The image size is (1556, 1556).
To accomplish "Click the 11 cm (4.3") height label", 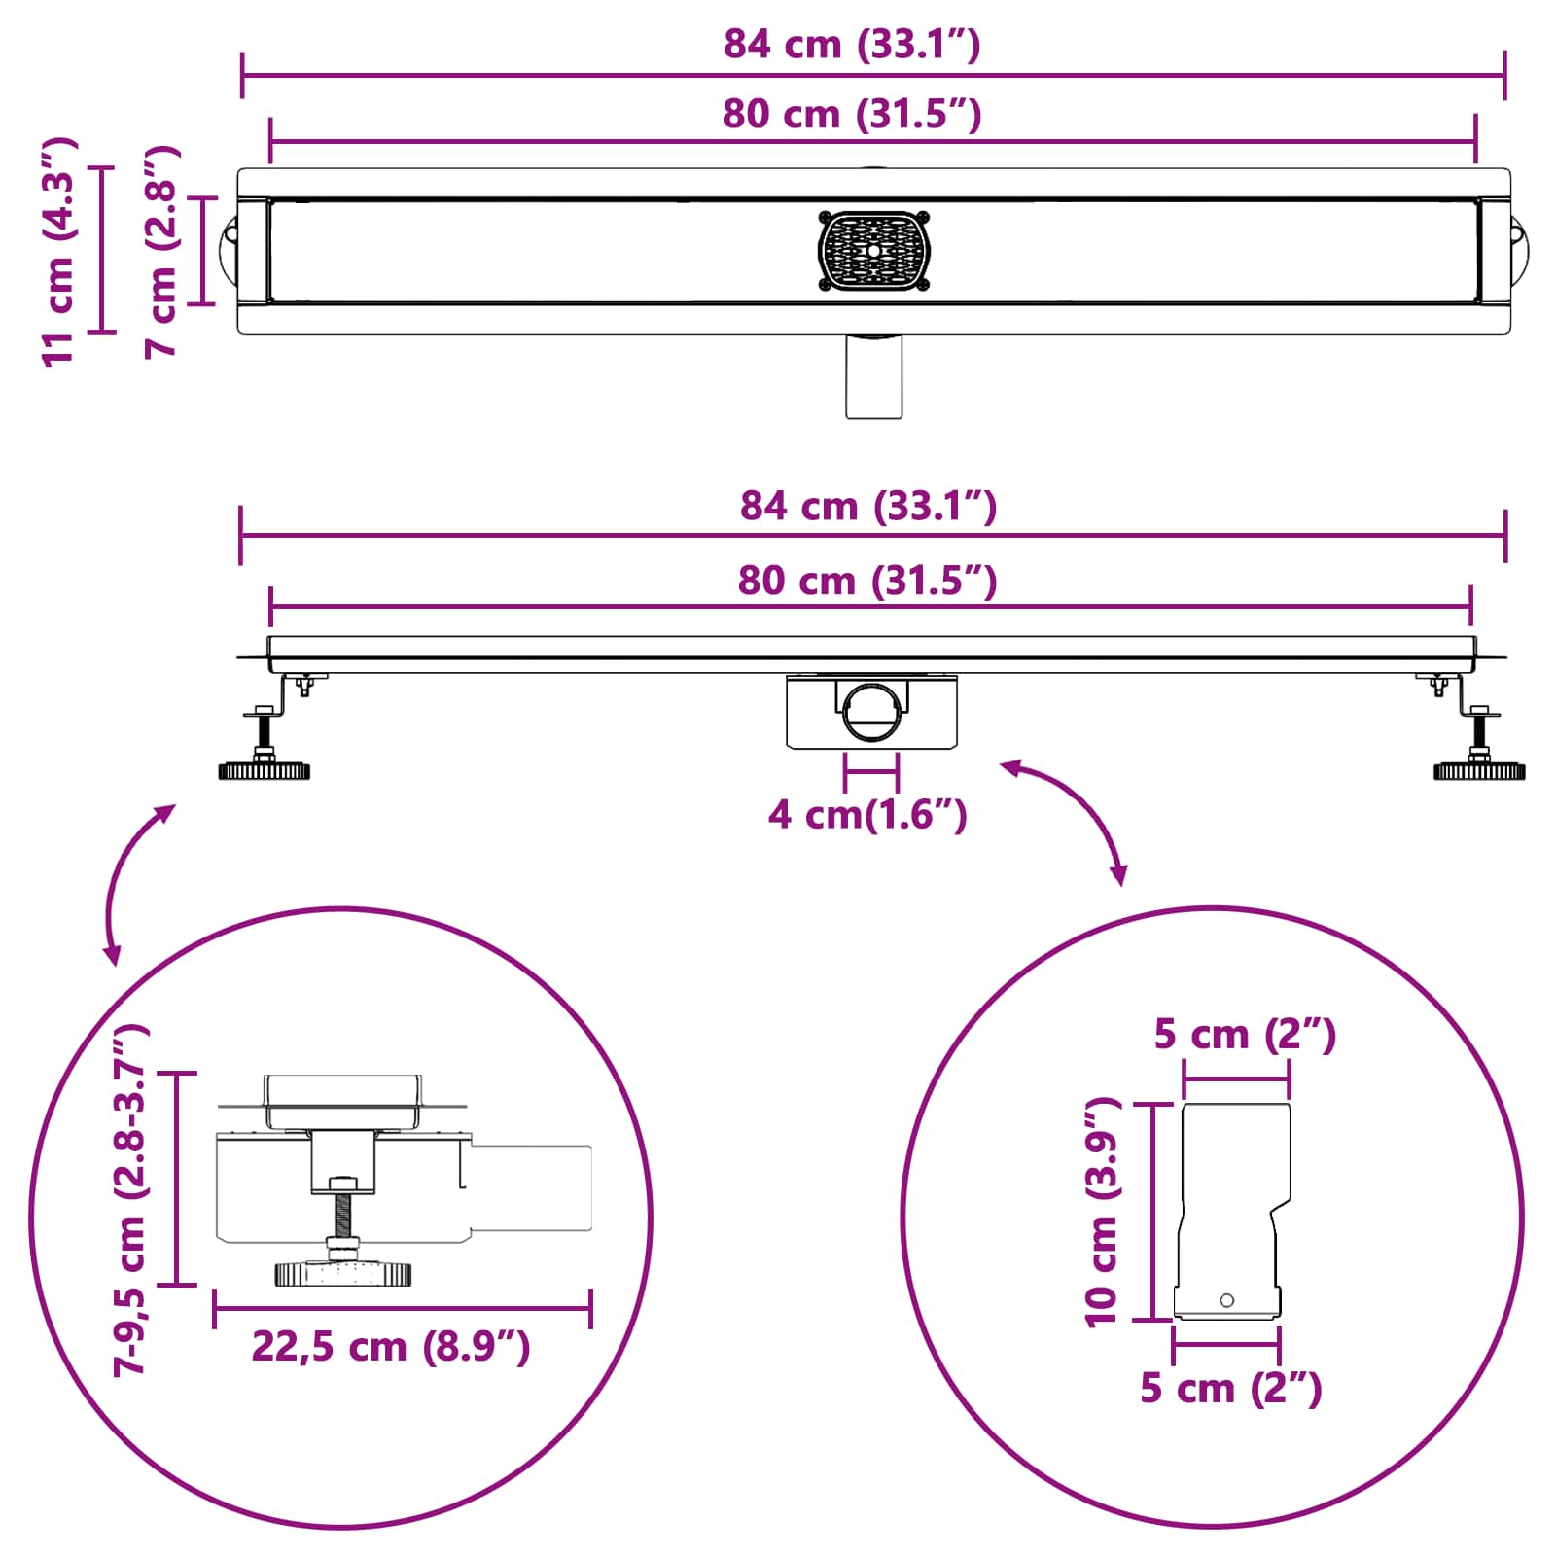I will tap(58, 251).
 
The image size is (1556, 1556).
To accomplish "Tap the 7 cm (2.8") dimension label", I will tap(161, 251).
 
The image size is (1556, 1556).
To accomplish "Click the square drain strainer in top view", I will tap(873, 251).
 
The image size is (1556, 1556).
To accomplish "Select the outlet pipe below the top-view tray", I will tap(873, 377).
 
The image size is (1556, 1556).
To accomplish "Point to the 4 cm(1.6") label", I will tap(867, 814).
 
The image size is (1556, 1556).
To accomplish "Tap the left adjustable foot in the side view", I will tap(264, 769).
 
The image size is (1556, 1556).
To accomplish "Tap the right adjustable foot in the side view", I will tap(1479, 769).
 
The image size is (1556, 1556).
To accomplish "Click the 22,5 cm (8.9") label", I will tap(391, 1347).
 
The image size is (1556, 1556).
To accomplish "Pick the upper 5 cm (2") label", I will tap(1245, 1034).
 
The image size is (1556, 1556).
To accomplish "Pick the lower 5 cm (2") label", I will tap(1231, 1388).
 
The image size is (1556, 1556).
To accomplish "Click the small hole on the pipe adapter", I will tap(1226, 1300).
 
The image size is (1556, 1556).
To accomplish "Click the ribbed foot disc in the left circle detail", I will tap(343, 1273).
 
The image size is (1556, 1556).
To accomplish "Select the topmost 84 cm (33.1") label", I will tap(852, 45).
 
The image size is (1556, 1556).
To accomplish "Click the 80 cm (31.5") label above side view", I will tap(867, 581).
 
